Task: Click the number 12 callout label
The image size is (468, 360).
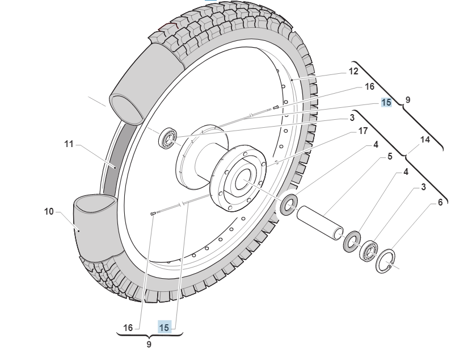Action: pos(353,72)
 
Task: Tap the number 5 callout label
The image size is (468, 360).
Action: pos(390,156)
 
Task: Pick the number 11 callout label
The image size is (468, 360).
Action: pos(69,144)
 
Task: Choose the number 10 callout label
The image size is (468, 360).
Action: pos(49,212)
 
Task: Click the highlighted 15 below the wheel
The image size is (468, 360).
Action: pos(164,328)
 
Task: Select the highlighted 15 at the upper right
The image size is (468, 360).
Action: pos(386,103)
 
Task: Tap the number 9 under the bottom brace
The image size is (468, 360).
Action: pos(149,345)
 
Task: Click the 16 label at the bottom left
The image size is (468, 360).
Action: pos(128,328)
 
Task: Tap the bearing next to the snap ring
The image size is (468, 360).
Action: pos(369,250)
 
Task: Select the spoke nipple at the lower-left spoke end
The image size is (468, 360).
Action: pos(154,214)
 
